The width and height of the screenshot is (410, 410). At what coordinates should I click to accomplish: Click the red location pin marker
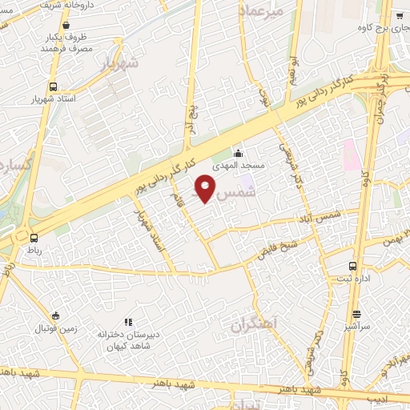pos(205,190)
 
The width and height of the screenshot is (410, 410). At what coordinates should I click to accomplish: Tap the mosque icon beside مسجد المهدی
pos(237,153)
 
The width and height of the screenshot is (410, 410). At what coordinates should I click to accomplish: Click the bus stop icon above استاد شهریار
pos(53,86)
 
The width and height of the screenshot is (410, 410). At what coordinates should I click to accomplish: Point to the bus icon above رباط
pos(34,237)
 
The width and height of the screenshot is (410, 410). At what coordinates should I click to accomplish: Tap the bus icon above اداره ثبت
pos(353,266)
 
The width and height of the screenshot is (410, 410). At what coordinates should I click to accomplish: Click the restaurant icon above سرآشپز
pos(356,315)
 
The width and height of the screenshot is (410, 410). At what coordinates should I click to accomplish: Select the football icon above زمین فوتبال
pos(54,316)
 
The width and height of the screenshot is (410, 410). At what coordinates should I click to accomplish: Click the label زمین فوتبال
pos(53,329)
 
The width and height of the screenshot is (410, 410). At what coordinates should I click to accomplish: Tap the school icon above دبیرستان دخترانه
pos(128,321)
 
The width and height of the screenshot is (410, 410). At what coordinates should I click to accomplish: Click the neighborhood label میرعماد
pos(261,12)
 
